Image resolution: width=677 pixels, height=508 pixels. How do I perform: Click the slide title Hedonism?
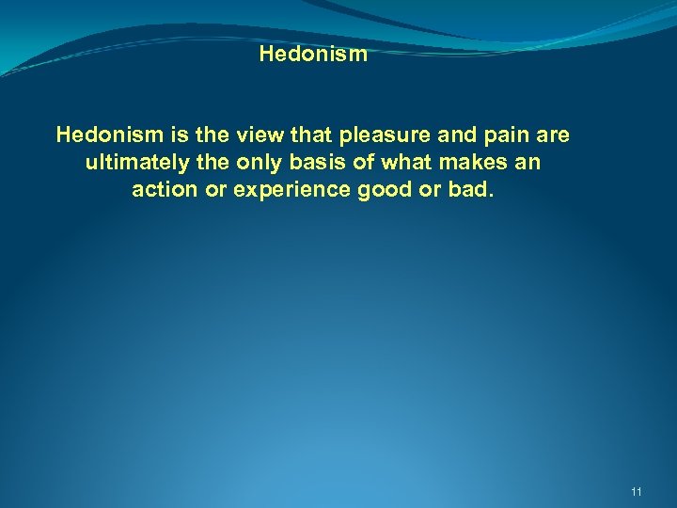[313, 54]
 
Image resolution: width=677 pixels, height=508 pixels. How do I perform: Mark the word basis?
[312, 162]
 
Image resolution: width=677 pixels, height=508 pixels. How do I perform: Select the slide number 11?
[637, 492]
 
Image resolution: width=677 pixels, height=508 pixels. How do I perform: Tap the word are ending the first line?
[553, 135]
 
